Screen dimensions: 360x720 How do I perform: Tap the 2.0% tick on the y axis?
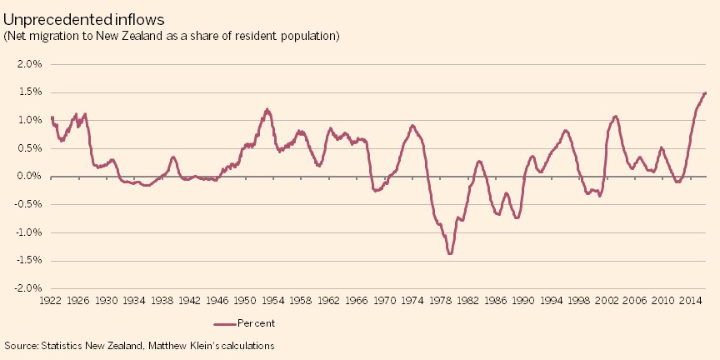click(x=29, y=64)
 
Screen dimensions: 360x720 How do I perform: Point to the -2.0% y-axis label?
click(x=27, y=288)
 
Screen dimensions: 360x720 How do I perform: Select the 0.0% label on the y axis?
click(x=29, y=177)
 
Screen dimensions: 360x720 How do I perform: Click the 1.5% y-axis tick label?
click(x=29, y=92)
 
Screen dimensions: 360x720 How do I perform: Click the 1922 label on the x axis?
click(x=51, y=300)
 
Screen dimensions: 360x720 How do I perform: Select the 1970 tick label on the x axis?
click(x=384, y=300)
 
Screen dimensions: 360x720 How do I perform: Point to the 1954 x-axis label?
click(x=273, y=300)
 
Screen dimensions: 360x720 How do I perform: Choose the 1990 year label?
click(x=523, y=300)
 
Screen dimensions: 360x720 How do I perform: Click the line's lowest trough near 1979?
click(x=450, y=253)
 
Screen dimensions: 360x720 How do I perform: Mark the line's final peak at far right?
click(x=705, y=92)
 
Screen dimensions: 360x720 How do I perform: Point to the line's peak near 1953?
click(x=267, y=109)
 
